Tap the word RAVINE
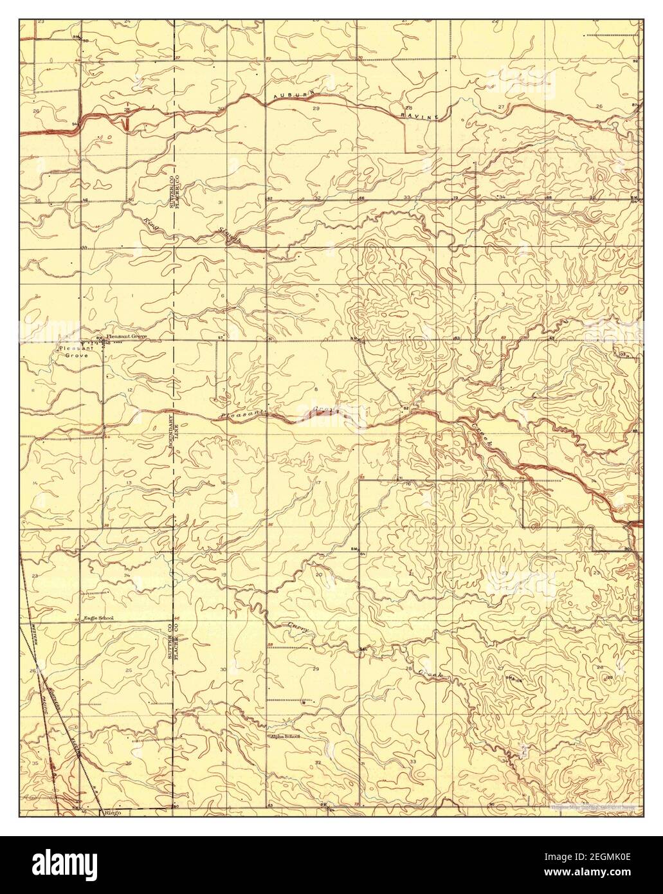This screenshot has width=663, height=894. point(419,113)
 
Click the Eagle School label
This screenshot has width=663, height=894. point(99,619)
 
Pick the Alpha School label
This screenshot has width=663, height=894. point(285,736)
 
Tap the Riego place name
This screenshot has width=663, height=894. point(112,812)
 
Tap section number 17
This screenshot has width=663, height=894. point(318,482)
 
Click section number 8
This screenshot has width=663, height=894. point(316,390)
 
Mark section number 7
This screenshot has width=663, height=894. point(223,390)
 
